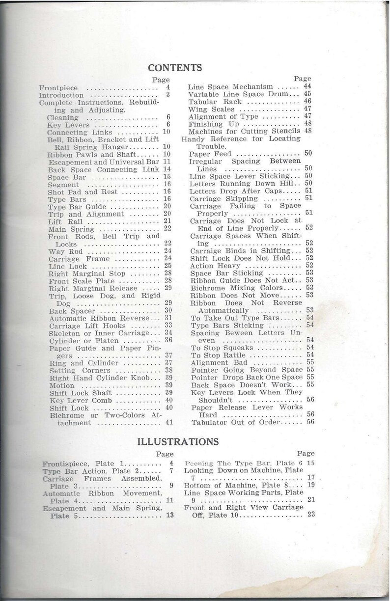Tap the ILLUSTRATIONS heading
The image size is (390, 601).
pyautogui.click(x=178, y=441)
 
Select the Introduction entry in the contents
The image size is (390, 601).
pyautogui.click(x=61, y=95)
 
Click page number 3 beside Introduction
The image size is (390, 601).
pyautogui.click(x=167, y=95)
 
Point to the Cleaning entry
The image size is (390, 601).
pyautogui.click(x=62, y=118)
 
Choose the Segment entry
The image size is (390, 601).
pyautogui.click(x=63, y=185)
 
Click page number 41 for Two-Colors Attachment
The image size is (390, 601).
pyautogui.click(x=169, y=422)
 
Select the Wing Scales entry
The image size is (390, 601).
pyautogui.click(x=212, y=109)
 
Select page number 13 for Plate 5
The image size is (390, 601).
pyautogui.click(x=169, y=515)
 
